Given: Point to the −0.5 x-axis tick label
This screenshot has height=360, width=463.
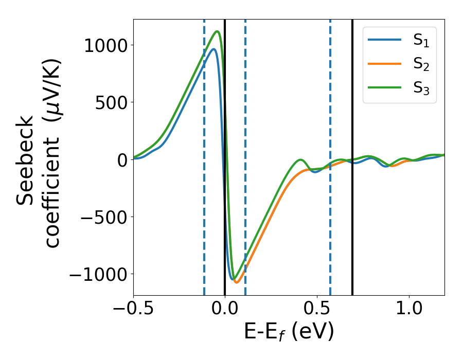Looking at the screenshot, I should point(133,310).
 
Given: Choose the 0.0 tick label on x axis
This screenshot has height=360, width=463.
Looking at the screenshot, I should point(225,310).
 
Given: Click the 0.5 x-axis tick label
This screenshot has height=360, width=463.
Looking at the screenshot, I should point(317,310).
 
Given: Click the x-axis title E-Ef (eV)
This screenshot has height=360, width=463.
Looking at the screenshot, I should point(289,333).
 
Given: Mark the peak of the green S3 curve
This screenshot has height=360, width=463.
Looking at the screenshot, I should point(218,31).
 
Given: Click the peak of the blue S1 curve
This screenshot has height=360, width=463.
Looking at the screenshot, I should point(213,49).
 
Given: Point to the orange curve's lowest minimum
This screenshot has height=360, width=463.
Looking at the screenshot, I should point(237,282).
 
